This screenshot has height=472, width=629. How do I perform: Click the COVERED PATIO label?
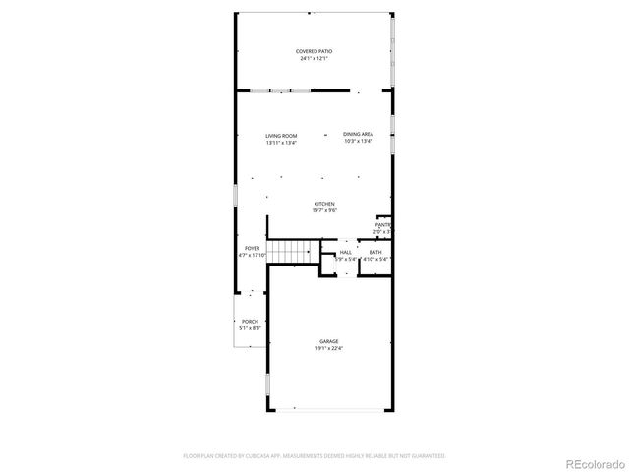(x=314, y=51)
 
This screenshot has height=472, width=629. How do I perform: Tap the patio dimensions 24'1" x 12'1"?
(x=314, y=59)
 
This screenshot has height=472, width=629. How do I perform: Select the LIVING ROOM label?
(x=281, y=136)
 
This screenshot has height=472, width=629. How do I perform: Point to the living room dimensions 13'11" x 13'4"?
(x=281, y=143)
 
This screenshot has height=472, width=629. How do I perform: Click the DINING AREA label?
(x=358, y=134)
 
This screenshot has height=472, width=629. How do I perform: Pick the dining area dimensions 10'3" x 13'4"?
(x=358, y=141)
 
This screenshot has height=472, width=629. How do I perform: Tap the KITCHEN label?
(x=324, y=204)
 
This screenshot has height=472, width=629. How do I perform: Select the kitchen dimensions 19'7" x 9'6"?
(x=324, y=210)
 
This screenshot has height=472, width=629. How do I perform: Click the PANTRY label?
(x=383, y=225)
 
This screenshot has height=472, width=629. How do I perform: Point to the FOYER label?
(x=253, y=248)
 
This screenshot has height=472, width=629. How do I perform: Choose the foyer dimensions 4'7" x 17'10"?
(x=253, y=255)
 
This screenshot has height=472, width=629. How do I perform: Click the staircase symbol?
(x=290, y=252)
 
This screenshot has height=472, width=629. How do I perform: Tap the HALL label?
(x=346, y=253)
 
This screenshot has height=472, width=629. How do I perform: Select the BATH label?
(x=375, y=253)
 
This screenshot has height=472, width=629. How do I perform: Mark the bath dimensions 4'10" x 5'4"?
(x=375, y=260)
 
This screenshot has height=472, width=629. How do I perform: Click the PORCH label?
(x=250, y=322)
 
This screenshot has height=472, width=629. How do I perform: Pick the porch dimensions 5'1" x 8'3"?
(x=250, y=328)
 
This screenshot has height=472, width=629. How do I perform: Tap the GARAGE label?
(x=328, y=341)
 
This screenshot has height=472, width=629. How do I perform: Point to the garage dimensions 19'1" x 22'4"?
(x=328, y=348)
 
